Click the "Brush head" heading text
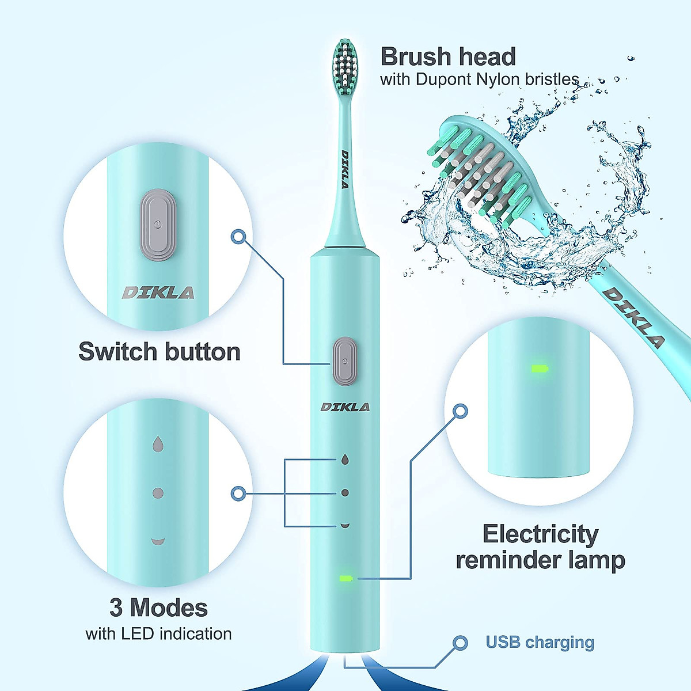pyautogui.click(x=448, y=57)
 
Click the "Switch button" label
pyautogui.click(x=160, y=352)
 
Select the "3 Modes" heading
pyautogui.click(x=158, y=608)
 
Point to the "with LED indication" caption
pyautogui.click(x=158, y=634)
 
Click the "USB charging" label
pyautogui.click(x=540, y=642)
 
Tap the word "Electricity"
pyautogui.click(x=540, y=534)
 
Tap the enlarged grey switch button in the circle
pyautogui.click(x=157, y=222)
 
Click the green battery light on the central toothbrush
pyautogui.click(x=347, y=578)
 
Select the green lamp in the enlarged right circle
pyautogui.click(x=540, y=369)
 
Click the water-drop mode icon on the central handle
pyautogui.click(x=344, y=459)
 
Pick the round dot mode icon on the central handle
pyautogui.click(x=345, y=493)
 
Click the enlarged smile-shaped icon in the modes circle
pyautogui.click(x=158, y=541)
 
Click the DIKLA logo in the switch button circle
pyautogui.click(x=158, y=293)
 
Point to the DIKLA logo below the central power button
pyautogui.click(x=345, y=407)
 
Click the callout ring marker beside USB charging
pyautogui.click(x=460, y=643)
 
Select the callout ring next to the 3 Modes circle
pyautogui.click(x=238, y=493)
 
